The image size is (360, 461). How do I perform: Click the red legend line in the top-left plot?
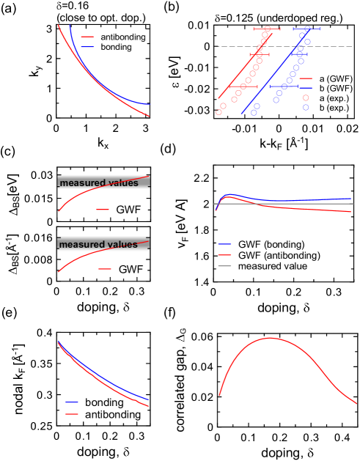(x=87, y=37)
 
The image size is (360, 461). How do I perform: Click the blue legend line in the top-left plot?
(x=87, y=47)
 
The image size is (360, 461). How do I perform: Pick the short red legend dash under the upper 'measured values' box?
(x=103, y=210)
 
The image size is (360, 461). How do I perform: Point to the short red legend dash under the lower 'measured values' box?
(x=105, y=269)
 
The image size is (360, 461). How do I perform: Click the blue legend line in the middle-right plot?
(x=224, y=243)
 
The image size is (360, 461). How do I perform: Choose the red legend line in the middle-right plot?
(x=224, y=255)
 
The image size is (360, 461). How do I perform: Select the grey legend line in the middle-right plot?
(x=224, y=266)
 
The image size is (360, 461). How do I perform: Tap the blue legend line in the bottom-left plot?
(x=72, y=402)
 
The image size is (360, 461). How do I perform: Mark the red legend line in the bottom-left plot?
(x=72, y=414)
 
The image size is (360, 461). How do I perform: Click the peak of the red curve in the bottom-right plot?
(x=271, y=338)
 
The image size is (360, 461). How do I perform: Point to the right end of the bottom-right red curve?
(x=356, y=403)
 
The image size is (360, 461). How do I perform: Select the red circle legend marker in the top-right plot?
(x=306, y=97)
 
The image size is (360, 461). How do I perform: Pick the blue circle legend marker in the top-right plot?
(x=306, y=108)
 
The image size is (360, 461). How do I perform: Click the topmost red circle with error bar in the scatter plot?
(x=267, y=29)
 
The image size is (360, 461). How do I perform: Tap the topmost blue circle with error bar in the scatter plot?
(x=307, y=29)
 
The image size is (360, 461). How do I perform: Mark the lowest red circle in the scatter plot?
(x=218, y=112)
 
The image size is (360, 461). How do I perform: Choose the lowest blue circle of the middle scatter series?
(x=254, y=113)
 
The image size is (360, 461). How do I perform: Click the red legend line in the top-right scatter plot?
(x=306, y=78)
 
